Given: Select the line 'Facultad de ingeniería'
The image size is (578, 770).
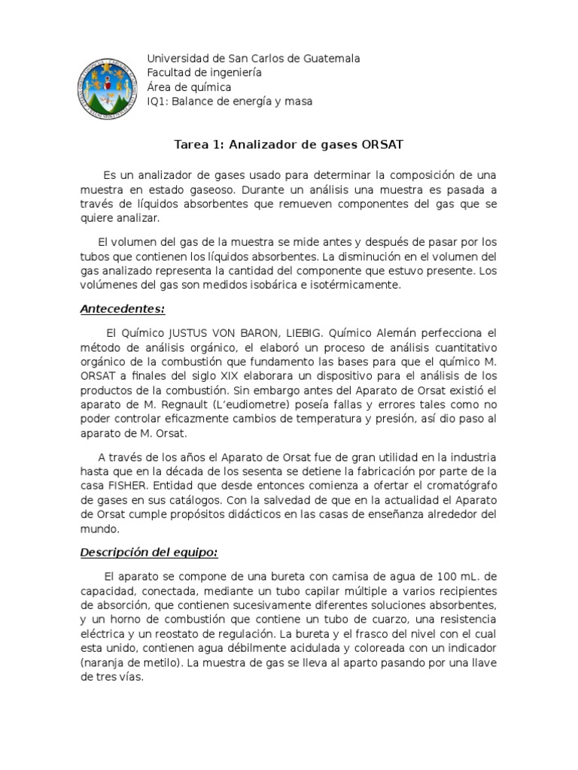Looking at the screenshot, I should [x=204, y=72].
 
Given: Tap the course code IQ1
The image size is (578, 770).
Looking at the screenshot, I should [x=158, y=101].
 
